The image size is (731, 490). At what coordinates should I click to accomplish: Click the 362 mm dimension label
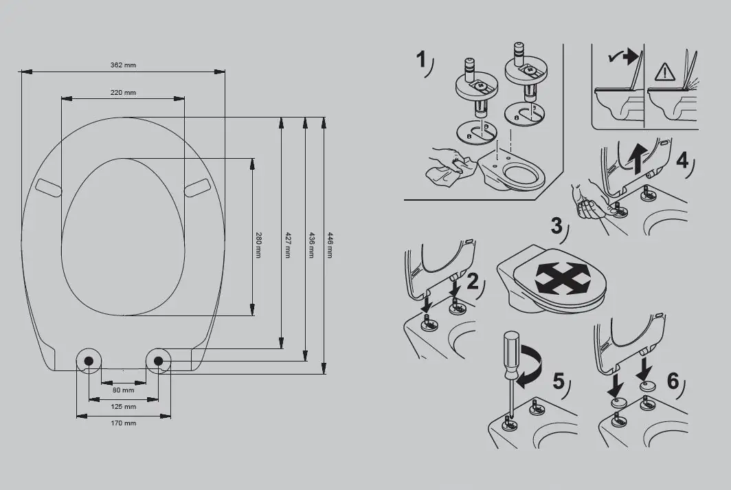point(124,65)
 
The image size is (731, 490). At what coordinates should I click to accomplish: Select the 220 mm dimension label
point(123,93)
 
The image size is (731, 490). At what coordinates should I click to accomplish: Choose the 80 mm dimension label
point(124,390)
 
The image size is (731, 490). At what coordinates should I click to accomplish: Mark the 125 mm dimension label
point(124,406)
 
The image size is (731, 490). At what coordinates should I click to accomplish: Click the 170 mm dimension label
point(124,423)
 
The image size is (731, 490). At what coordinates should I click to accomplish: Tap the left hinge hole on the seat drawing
point(89,360)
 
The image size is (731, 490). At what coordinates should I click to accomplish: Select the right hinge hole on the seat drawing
point(159,360)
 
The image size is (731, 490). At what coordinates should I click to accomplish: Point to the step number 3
point(557,225)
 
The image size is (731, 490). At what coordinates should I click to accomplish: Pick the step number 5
point(559,380)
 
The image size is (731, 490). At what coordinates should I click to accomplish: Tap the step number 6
point(673,380)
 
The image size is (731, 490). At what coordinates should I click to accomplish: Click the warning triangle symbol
point(665,71)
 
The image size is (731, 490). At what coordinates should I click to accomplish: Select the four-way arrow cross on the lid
point(561,278)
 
